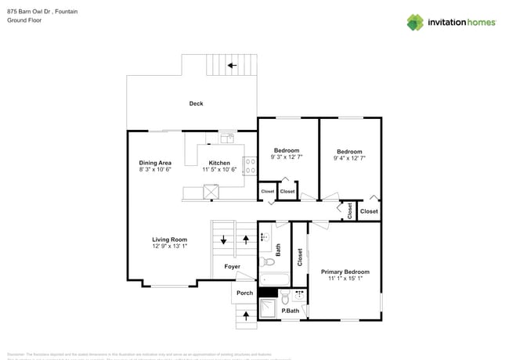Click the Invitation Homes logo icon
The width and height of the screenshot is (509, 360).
pos(415,22)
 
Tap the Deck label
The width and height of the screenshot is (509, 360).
pos(196,103)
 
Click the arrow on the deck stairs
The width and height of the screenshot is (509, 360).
pos(232,66)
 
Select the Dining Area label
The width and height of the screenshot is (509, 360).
pos(155,163)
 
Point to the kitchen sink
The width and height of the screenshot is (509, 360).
pos(227,139)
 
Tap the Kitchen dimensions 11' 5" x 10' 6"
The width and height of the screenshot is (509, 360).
pos(219,170)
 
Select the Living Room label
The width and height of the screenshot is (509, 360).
pos(169,239)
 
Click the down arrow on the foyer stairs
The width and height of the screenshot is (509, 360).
pos(224,240)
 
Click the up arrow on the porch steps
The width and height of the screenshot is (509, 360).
pos(247,315)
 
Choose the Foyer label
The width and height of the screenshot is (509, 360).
pos(232,267)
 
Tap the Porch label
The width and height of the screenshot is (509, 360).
pos(244,293)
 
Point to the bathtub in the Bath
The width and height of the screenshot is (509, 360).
pos(274,279)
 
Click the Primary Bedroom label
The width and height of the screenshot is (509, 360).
pos(345,272)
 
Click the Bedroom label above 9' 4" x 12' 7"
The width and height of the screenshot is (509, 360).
pos(349,151)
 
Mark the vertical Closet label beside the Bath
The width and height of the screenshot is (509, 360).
pos(299,257)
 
